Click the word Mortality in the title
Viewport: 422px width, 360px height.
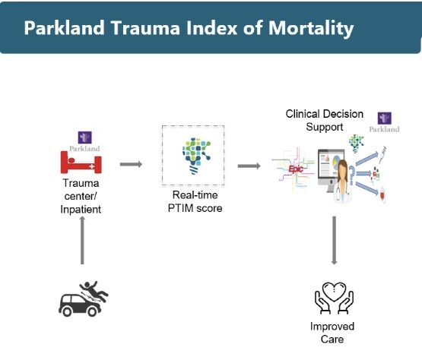311,29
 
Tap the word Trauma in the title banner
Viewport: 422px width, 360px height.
145,27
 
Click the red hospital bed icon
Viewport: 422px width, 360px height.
81,163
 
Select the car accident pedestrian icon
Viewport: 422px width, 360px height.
84,298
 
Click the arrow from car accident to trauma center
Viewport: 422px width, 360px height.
82,240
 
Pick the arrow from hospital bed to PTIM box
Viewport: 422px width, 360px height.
131,164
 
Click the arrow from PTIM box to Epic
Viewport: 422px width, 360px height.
249,166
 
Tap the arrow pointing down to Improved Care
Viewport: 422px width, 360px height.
334,240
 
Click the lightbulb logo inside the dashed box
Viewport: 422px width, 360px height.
196,156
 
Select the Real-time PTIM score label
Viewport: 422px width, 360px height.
195,201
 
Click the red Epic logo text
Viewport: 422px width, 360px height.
296,169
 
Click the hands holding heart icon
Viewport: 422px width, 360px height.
334,298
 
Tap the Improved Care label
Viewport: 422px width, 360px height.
332,333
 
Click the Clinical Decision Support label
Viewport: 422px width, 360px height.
325,120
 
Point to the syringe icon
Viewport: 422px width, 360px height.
382,155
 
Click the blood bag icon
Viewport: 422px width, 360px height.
382,194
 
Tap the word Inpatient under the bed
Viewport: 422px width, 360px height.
81,210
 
